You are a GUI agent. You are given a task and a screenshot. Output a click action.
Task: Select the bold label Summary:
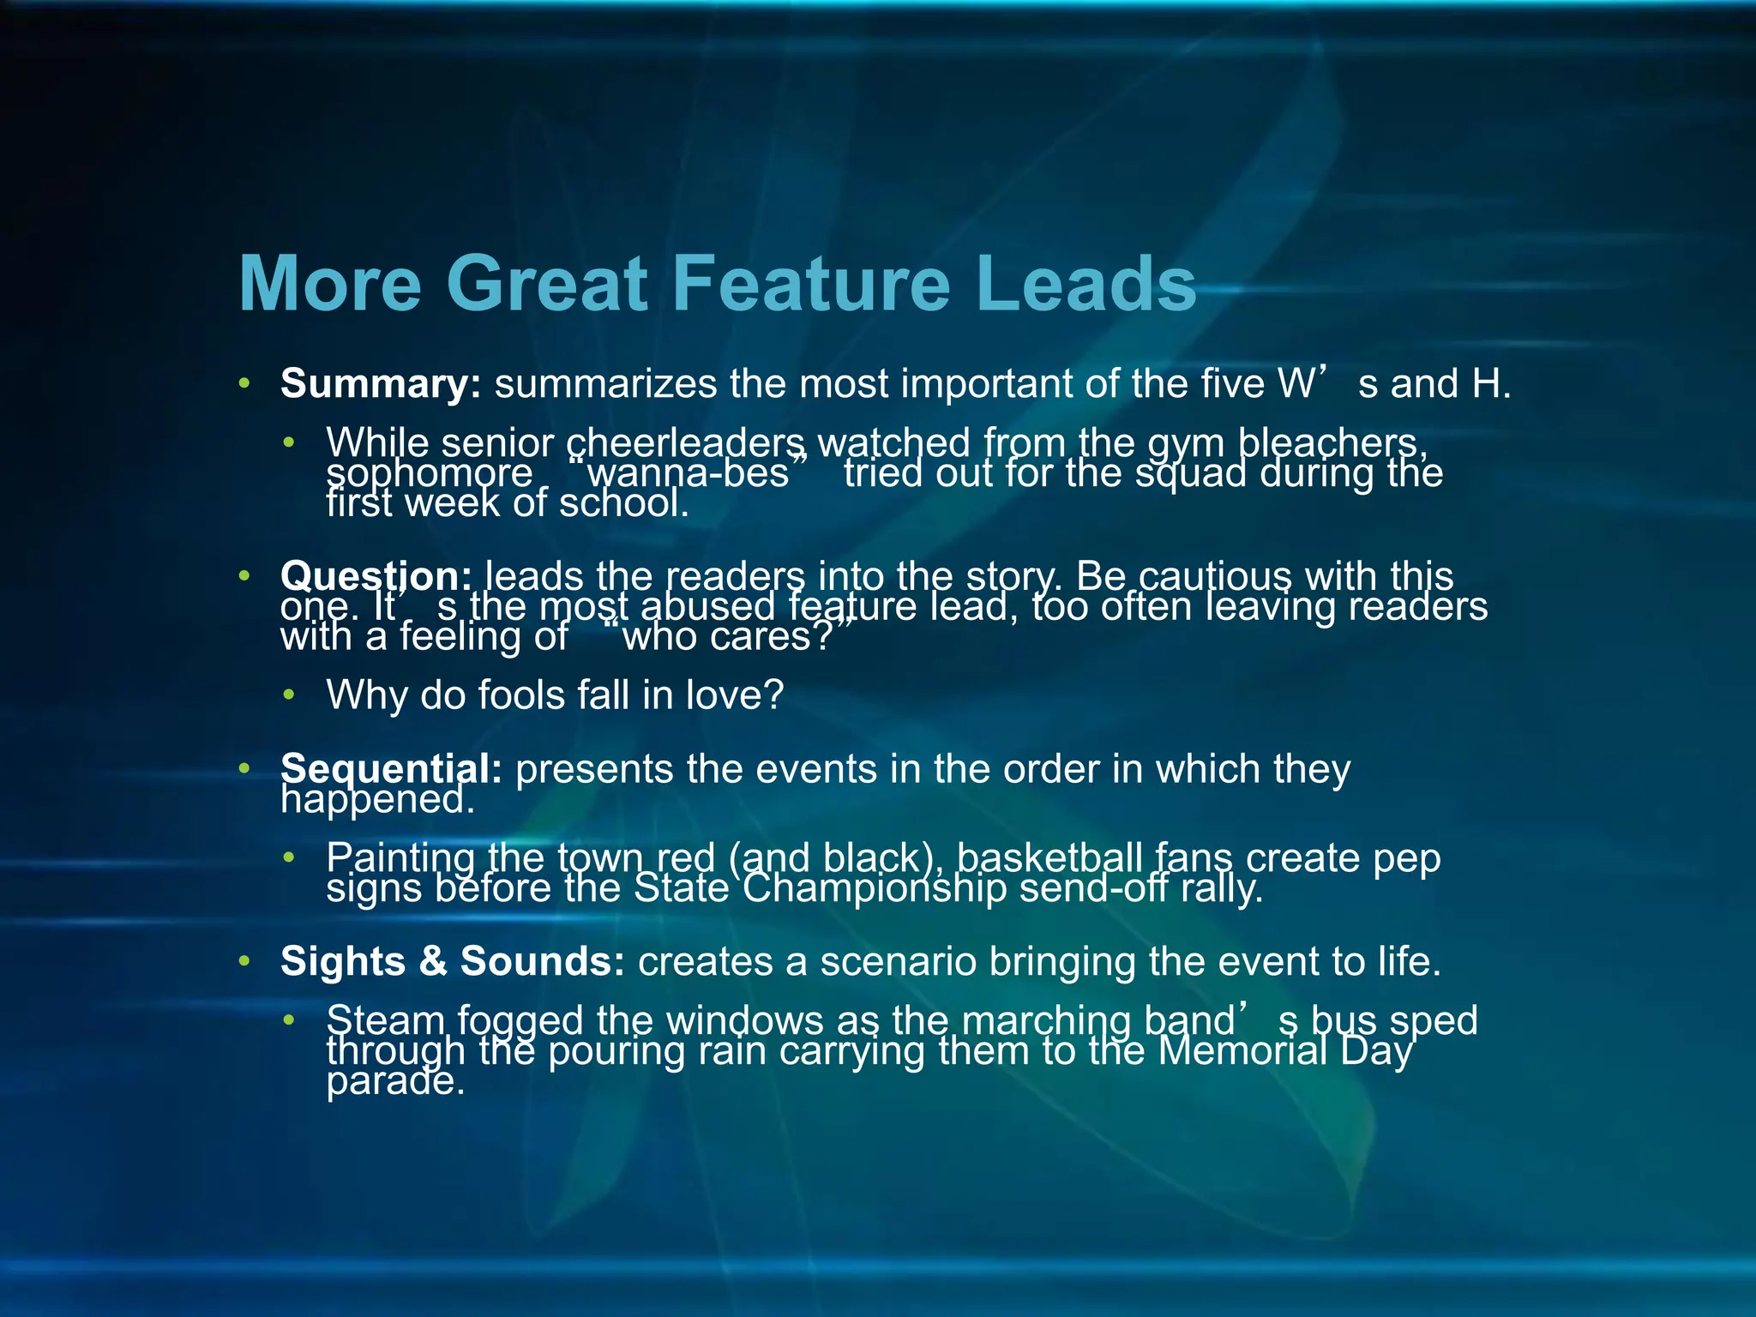pos(381,383)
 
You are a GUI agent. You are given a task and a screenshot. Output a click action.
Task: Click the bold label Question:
pos(376,575)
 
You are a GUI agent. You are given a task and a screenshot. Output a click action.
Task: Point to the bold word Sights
pos(342,961)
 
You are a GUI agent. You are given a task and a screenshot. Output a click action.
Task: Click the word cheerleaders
pos(686,443)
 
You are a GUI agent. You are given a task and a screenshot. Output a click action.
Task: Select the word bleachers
pos(1332,443)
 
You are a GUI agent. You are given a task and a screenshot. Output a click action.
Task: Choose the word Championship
pos(875,888)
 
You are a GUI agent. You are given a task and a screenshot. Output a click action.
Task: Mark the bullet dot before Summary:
pos(244,383)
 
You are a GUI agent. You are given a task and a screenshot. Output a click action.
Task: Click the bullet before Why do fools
pos(290,695)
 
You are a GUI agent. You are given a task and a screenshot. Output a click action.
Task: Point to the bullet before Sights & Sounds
pos(244,961)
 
